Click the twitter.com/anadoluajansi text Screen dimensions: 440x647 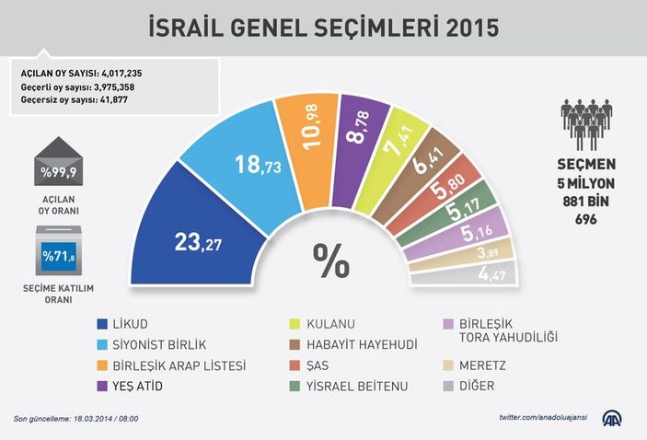549,419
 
